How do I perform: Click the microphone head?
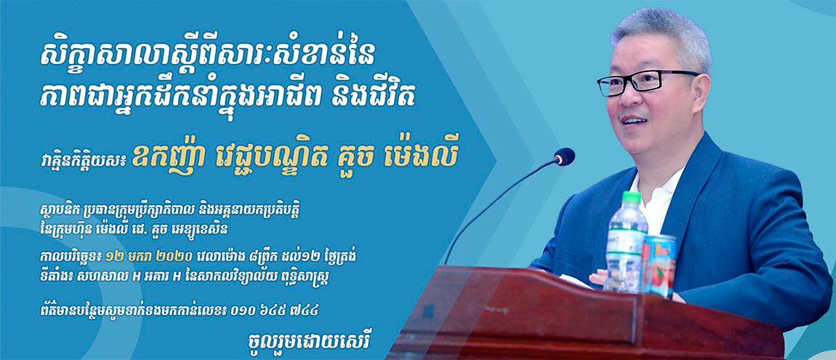click(x=564, y=157)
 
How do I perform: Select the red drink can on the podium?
click(x=659, y=265)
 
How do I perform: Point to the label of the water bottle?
click(x=624, y=241)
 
